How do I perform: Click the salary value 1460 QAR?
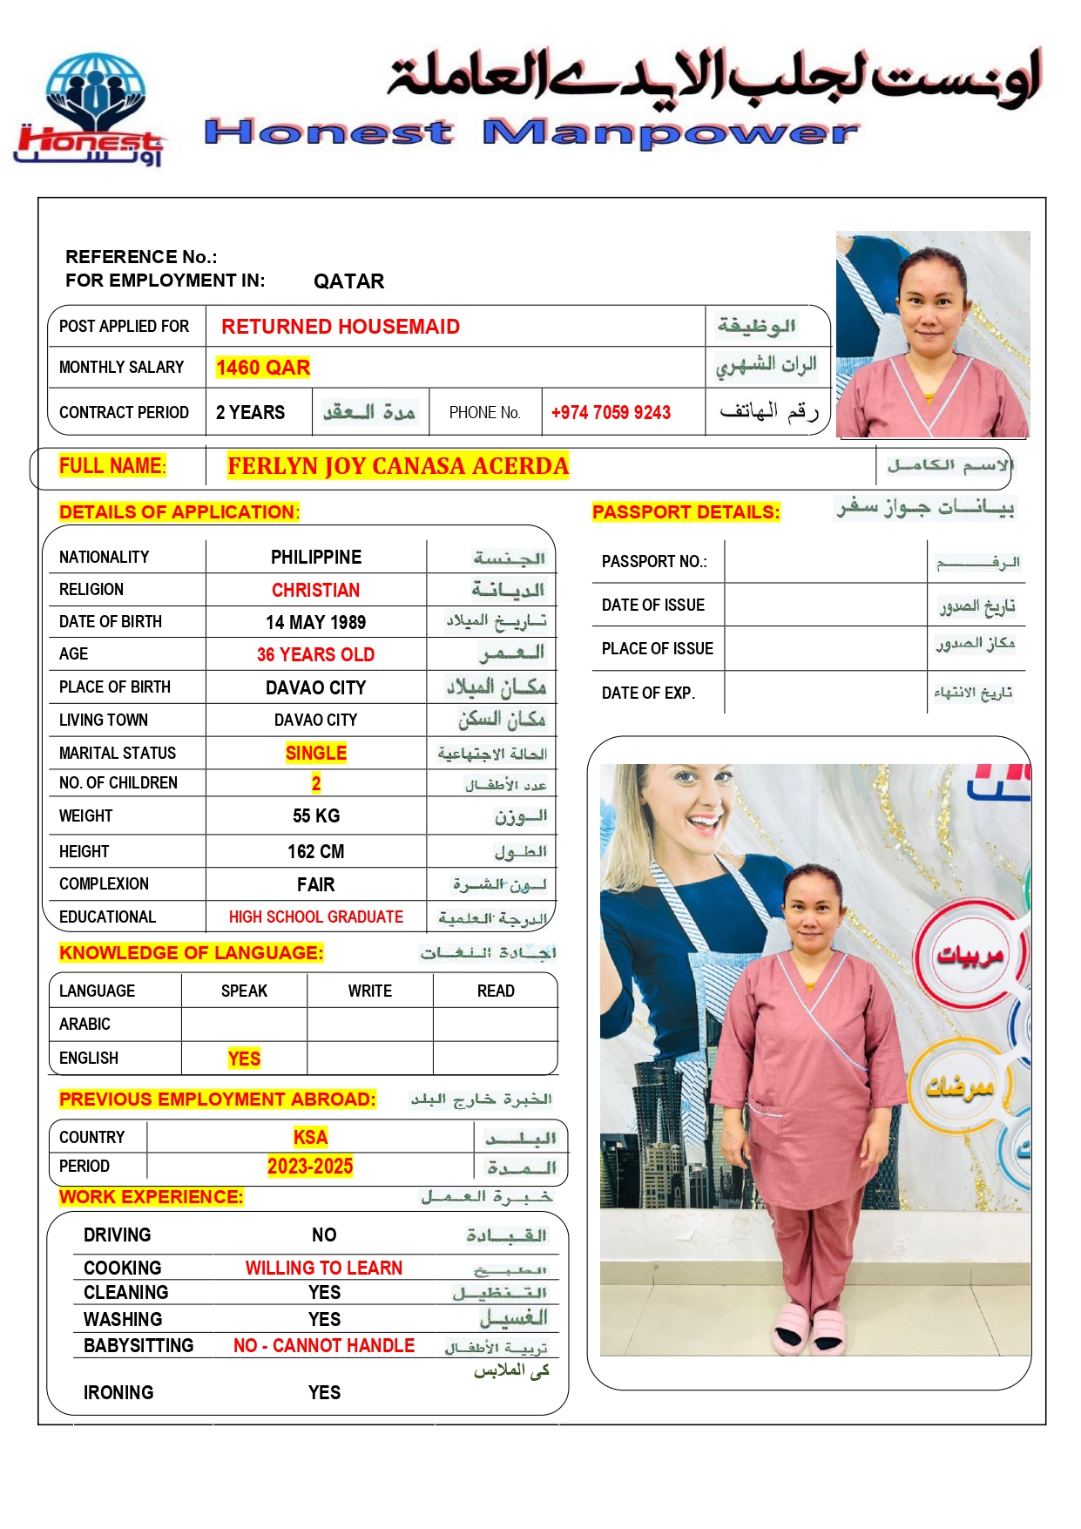click(x=263, y=368)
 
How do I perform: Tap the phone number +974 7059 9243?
click(x=611, y=413)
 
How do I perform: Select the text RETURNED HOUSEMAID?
click(x=341, y=327)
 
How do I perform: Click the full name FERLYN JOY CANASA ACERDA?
click(x=398, y=466)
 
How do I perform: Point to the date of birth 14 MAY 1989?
click(x=315, y=622)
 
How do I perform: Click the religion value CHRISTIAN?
click(x=315, y=590)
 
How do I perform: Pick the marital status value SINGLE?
click(x=315, y=753)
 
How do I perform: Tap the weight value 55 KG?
click(x=315, y=815)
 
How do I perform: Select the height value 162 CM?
click(x=315, y=851)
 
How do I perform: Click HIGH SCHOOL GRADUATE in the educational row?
click(x=315, y=917)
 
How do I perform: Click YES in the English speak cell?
click(x=244, y=1059)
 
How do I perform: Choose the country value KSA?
click(x=310, y=1137)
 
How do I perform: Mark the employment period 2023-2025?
click(x=310, y=1167)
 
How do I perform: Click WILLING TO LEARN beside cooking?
click(x=323, y=1268)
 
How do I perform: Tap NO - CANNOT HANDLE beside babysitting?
click(x=323, y=1345)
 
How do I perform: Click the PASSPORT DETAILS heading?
click(x=686, y=512)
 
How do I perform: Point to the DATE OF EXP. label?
click(x=647, y=693)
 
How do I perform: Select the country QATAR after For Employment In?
click(x=348, y=281)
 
